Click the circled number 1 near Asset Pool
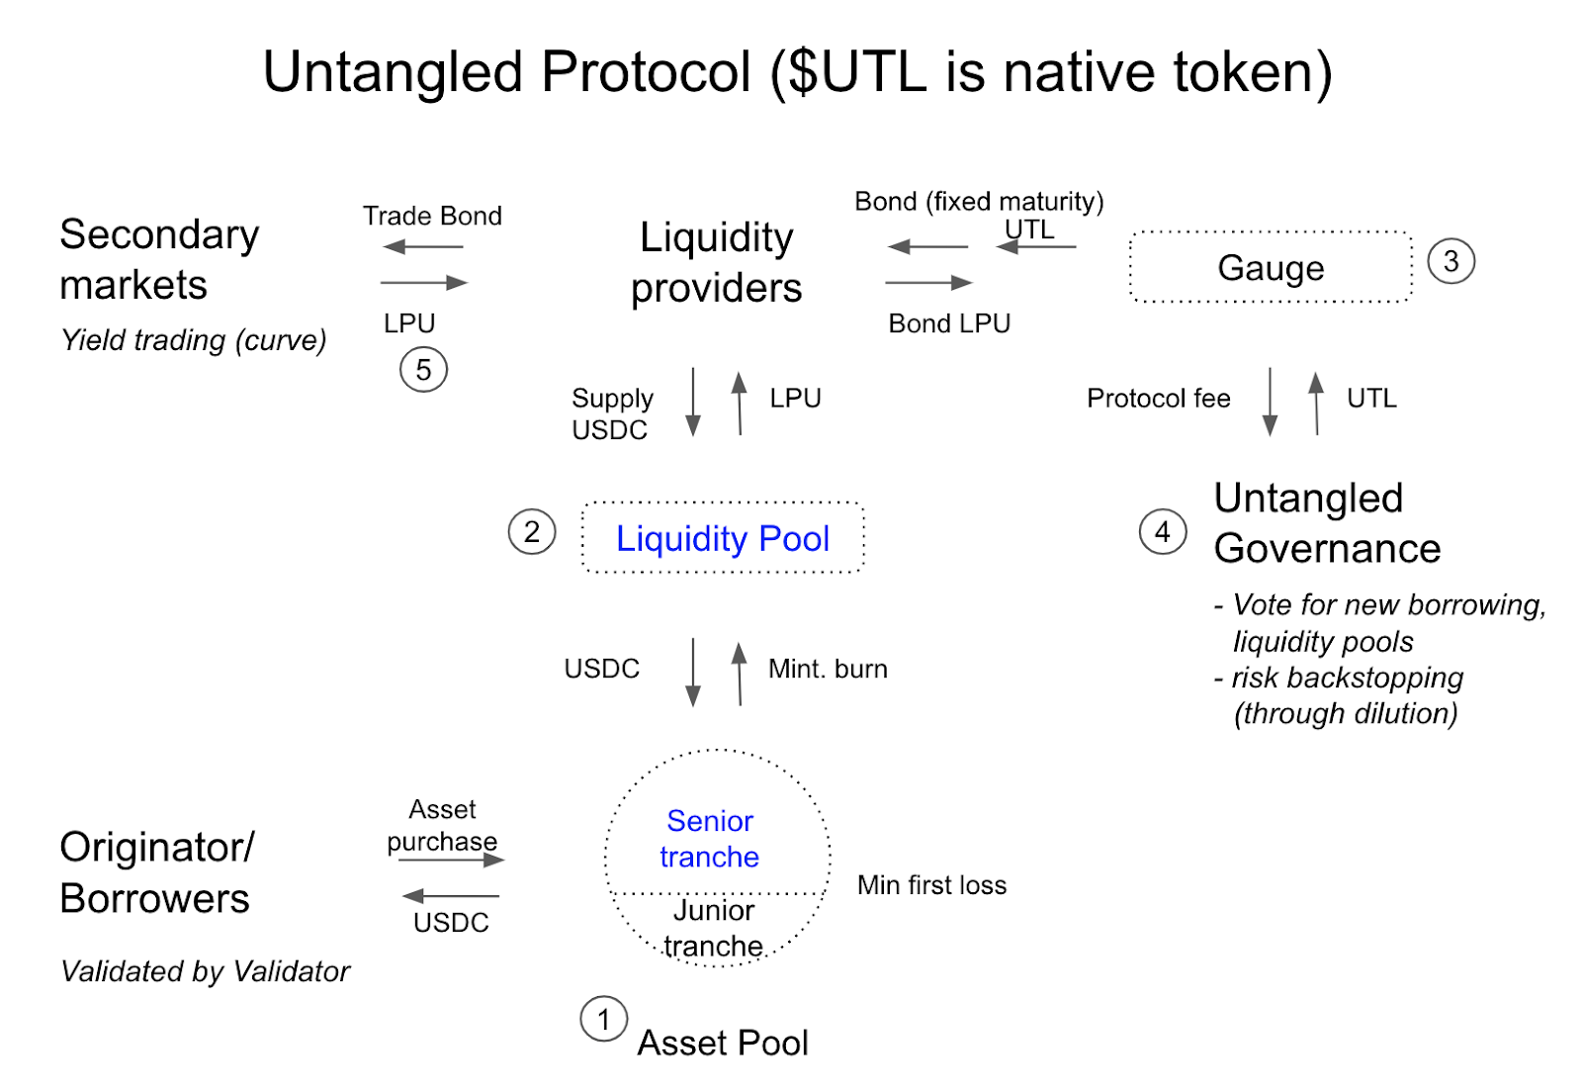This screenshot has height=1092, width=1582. click(604, 1019)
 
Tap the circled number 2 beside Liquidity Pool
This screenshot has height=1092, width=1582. click(532, 531)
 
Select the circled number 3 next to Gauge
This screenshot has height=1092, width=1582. click(1450, 261)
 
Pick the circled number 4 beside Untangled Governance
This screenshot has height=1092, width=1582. click(1163, 531)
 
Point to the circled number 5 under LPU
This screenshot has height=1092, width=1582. click(424, 369)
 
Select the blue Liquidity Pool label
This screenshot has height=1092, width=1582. click(723, 539)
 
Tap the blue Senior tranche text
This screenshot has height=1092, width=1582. click(710, 839)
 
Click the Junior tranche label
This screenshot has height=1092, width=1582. click(713, 928)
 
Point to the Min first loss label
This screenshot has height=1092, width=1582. click(931, 885)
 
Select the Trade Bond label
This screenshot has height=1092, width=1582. click(432, 216)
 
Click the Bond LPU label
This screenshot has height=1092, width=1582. click(949, 323)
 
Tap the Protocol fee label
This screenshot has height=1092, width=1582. click(1158, 399)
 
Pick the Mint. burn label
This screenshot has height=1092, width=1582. click(828, 669)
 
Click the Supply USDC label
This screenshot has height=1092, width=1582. click(612, 413)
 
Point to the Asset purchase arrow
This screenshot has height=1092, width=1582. click(452, 860)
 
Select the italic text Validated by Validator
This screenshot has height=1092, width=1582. click(206, 972)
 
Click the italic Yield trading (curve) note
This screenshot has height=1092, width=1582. click(194, 340)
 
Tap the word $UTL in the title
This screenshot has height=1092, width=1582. click(857, 72)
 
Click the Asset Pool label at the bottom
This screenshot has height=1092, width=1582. click(723, 1044)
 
